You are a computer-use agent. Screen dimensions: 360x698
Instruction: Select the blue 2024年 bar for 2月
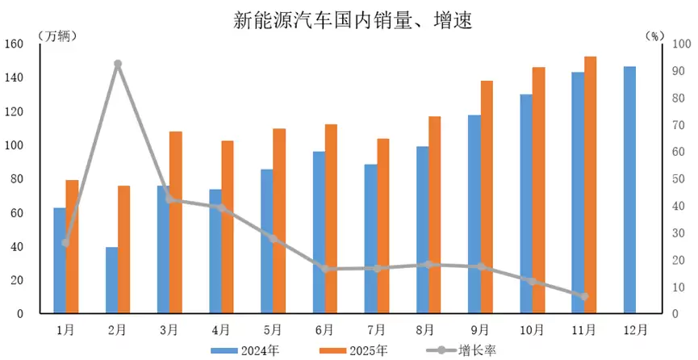[111, 280]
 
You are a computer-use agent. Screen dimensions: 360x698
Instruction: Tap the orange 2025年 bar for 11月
[590, 185]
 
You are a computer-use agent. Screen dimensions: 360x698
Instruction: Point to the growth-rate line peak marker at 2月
[118, 64]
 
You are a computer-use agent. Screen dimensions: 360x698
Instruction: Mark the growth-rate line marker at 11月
[584, 296]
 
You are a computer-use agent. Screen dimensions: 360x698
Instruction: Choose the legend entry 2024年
[237, 350]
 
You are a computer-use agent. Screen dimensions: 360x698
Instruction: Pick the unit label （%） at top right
[654, 36]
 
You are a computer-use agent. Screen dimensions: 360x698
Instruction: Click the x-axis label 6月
[324, 329]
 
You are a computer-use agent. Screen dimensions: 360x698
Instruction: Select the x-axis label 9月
[480, 329]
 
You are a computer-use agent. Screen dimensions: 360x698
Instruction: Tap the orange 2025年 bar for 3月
[175, 222]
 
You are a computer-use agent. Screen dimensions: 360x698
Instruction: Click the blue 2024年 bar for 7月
[370, 239]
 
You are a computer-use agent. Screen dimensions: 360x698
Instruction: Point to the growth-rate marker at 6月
[324, 269]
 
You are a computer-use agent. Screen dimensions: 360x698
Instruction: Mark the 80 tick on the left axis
[21, 179]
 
